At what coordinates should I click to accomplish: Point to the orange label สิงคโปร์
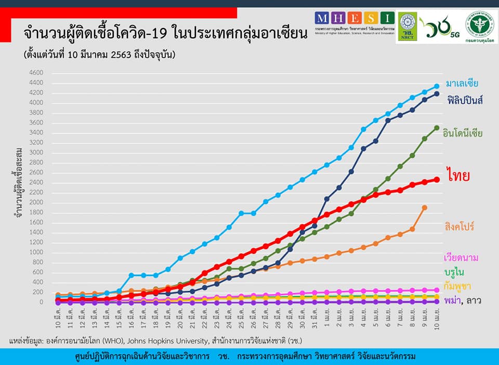(459, 227)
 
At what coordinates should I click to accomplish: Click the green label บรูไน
(454, 272)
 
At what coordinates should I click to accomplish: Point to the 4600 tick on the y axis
(36, 73)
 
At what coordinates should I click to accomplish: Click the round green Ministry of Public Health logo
(482, 24)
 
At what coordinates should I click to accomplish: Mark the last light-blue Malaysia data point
(437, 86)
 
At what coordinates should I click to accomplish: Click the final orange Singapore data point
(425, 208)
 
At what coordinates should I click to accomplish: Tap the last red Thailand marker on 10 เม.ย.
(437, 180)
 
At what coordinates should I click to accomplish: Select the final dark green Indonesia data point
(437, 128)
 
